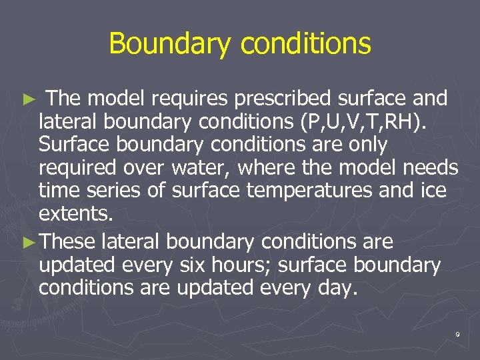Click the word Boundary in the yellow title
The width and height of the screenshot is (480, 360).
(x=171, y=45)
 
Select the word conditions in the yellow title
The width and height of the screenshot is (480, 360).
(x=305, y=45)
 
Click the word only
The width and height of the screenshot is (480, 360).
(x=364, y=145)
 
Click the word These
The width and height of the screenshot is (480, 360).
(x=68, y=241)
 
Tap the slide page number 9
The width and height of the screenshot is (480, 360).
(x=457, y=334)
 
